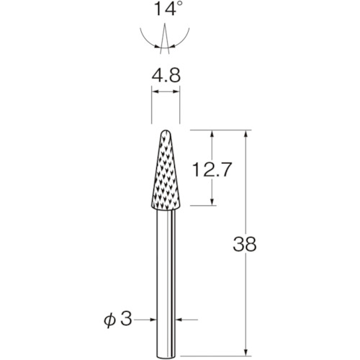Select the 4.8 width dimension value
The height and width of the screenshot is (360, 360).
click(165, 73)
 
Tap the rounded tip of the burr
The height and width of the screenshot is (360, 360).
click(165, 133)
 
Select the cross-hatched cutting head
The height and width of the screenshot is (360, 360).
click(165, 173)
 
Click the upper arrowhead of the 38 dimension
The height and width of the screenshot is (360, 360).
click(246, 135)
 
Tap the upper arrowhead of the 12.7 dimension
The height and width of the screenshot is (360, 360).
click(212, 135)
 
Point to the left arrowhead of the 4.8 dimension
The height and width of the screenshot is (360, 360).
click(154, 92)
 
